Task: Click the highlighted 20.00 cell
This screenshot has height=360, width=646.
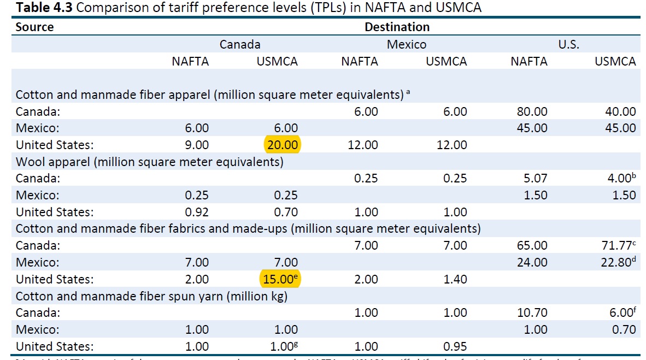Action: coord(283,145)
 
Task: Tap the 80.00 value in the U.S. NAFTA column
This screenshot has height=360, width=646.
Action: coord(531,111)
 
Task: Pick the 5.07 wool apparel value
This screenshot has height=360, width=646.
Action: coord(534,178)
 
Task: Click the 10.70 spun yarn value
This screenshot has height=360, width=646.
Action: coord(531,313)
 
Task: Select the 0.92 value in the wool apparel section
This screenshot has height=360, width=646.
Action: coord(197,212)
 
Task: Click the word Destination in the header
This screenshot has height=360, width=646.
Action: coord(397,27)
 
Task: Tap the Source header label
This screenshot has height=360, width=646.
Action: coord(34,27)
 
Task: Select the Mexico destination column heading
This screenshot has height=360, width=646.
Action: coord(407,44)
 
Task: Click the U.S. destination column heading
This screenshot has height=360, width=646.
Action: coord(568,44)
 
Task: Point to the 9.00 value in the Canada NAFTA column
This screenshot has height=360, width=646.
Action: coord(197,145)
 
